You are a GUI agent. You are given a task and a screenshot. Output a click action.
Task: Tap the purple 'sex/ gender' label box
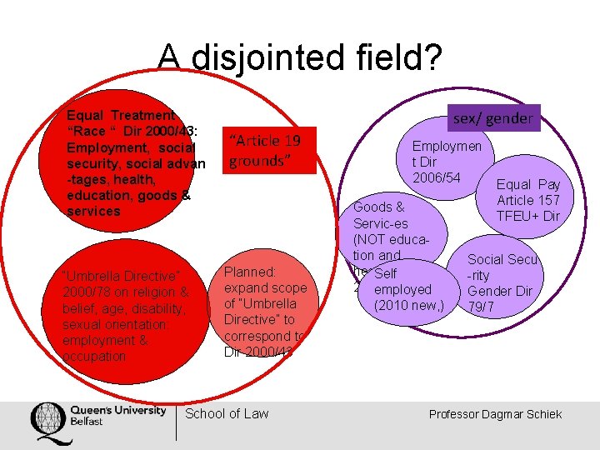(x=492, y=118)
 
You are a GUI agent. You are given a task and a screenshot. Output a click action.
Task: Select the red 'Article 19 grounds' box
(x=272, y=150)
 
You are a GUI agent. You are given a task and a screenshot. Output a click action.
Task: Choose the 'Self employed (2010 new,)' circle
(x=402, y=290)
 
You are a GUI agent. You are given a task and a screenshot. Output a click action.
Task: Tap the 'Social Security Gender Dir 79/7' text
(x=502, y=283)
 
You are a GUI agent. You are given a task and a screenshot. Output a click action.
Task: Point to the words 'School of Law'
(x=227, y=413)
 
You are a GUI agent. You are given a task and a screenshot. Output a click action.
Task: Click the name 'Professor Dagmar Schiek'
(x=495, y=414)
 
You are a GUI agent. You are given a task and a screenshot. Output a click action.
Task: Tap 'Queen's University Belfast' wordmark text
(x=117, y=414)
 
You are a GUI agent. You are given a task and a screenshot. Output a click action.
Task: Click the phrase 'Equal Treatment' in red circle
(x=121, y=115)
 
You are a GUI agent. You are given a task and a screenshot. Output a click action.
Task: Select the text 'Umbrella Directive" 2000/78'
(x=121, y=284)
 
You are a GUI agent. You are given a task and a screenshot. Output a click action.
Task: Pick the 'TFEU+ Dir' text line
(x=528, y=216)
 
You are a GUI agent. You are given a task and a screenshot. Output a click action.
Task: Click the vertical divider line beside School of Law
(x=177, y=422)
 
